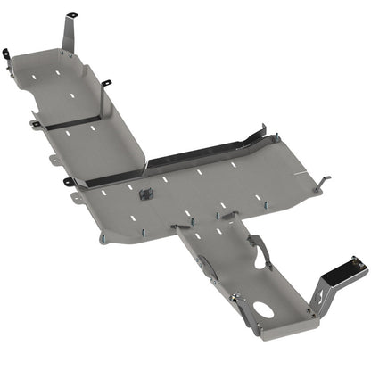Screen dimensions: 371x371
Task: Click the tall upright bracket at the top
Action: (x=69, y=34)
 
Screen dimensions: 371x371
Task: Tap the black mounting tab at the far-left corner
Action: (x=6, y=54)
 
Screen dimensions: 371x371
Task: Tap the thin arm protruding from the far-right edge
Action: (x=323, y=183)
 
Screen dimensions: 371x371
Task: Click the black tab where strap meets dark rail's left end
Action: (x=69, y=183)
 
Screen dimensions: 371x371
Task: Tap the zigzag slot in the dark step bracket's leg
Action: (x=322, y=295)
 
